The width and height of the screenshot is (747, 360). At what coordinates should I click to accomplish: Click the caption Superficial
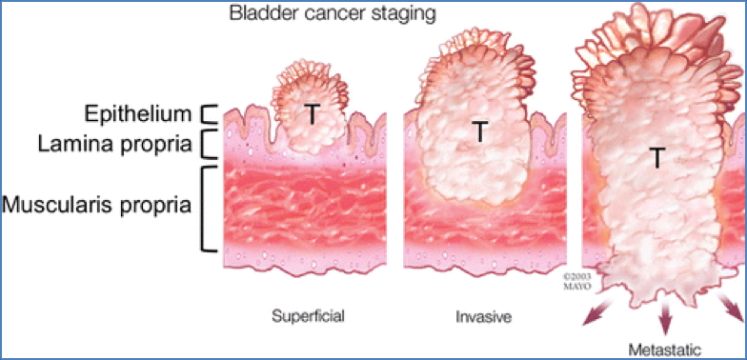[308, 315]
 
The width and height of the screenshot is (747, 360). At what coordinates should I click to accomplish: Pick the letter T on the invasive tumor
[480, 132]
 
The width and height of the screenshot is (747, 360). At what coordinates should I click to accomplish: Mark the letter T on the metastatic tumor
[657, 159]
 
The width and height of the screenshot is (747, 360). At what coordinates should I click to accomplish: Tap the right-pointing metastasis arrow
[730, 308]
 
